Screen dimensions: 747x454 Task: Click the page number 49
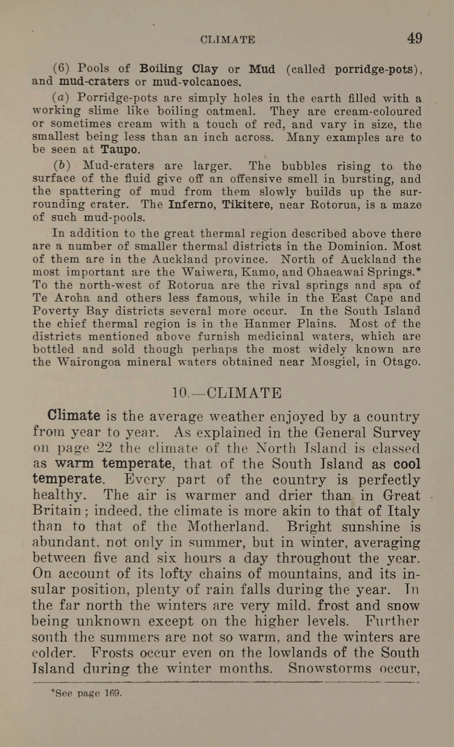[414, 39]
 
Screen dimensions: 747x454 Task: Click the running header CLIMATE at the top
[228, 40]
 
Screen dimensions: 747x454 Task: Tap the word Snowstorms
[330, 668]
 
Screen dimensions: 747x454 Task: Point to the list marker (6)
[61, 68]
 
